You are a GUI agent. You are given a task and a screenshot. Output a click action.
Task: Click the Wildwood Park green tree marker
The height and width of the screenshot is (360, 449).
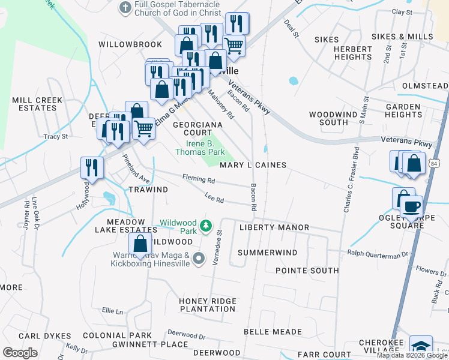[x=206, y=226]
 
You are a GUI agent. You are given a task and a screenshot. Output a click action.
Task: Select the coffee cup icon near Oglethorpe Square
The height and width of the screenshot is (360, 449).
[x=412, y=207]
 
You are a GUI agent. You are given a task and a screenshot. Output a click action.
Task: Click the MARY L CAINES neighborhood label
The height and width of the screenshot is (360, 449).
[x=253, y=165]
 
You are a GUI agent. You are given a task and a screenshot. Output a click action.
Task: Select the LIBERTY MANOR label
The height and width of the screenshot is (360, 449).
[x=274, y=227]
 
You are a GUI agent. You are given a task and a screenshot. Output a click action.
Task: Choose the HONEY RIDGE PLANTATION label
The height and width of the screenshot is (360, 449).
[x=208, y=305]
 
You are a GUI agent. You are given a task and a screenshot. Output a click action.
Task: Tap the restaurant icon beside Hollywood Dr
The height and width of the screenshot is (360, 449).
[x=92, y=167]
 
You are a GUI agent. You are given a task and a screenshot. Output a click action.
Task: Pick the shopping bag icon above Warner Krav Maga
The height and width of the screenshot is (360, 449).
[x=140, y=244]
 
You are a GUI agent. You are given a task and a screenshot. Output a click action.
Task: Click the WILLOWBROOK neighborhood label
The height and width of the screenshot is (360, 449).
[x=130, y=44]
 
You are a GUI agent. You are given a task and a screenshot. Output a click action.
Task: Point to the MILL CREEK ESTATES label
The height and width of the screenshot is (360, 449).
[x=34, y=104]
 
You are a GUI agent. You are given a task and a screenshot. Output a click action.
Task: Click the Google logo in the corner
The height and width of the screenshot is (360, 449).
[x=20, y=353]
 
